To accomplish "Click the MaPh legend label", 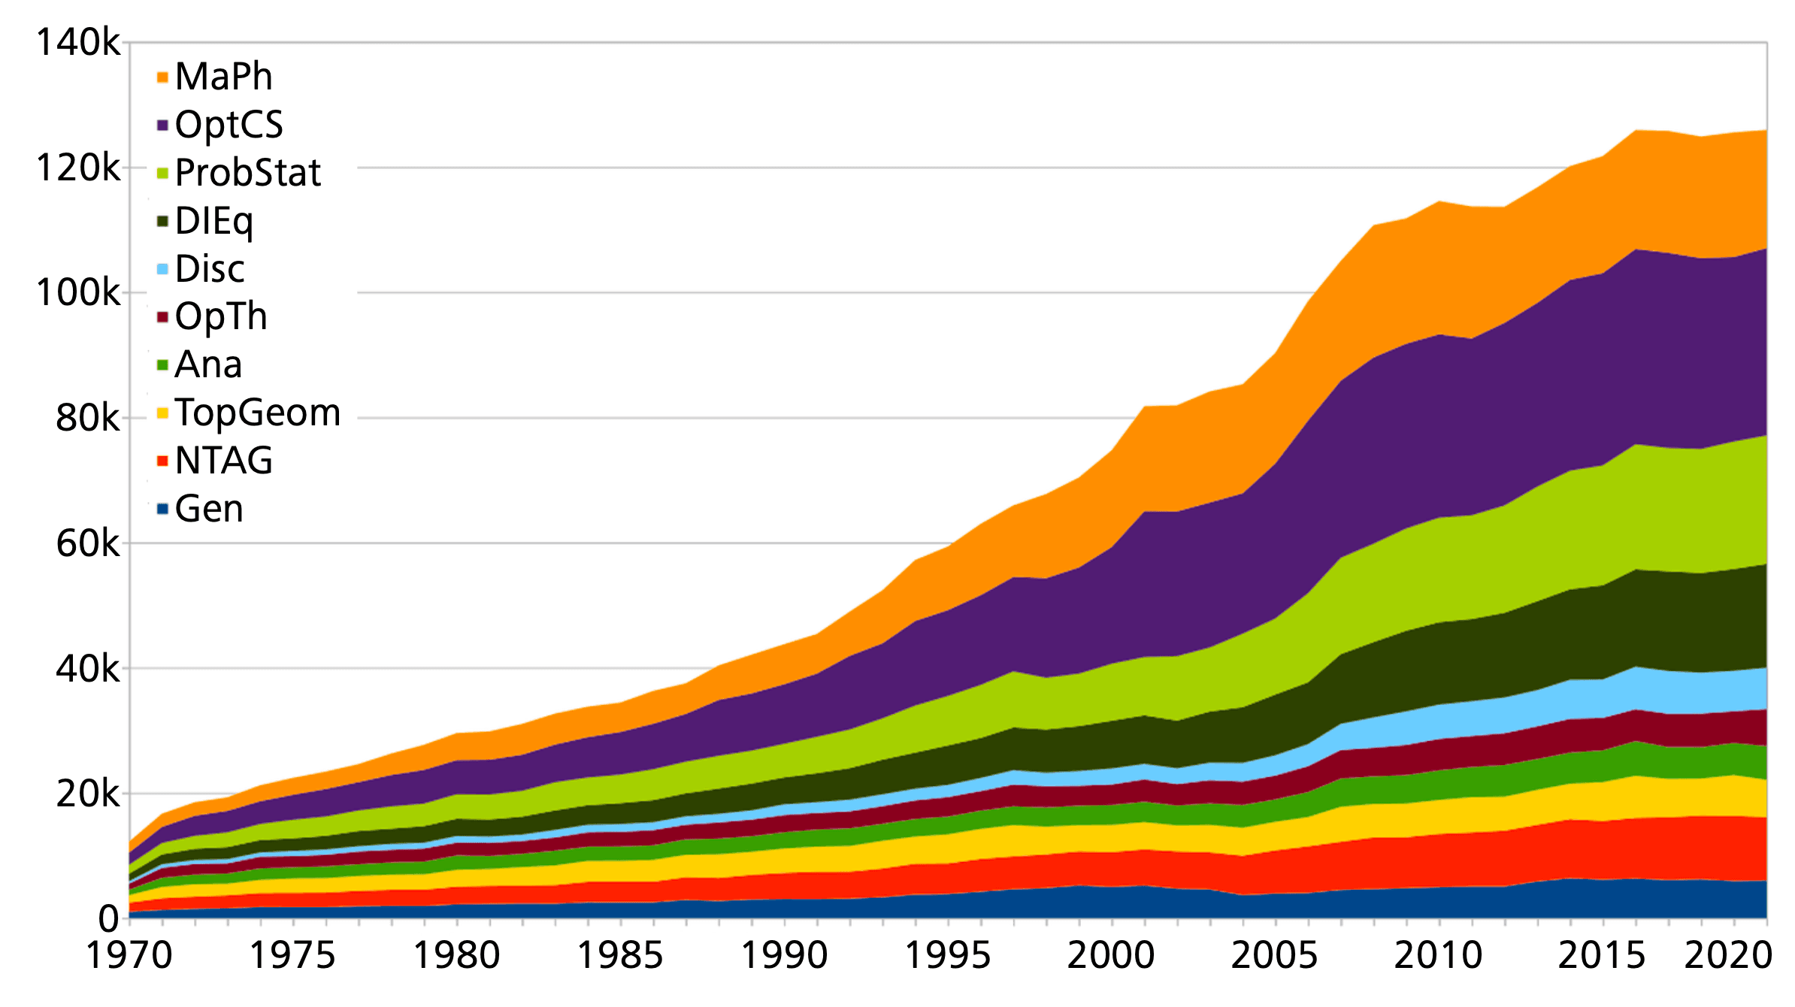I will [223, 77].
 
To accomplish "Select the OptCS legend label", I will [229, 125].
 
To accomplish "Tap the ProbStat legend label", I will [247, 173].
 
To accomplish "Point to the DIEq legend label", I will [213, 221].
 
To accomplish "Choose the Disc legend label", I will [210, 269].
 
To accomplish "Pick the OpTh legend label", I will [221, 316].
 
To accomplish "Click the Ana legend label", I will [208, 364].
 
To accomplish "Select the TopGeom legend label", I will [258, 413].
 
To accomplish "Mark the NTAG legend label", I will [223, 461].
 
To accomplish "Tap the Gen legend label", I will [209, 509].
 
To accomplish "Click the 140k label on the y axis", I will [77, 43].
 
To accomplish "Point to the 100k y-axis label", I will [77, 292].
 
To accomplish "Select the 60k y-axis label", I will [87, 543].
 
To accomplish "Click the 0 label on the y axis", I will [109, 918].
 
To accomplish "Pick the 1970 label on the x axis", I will [129, 956].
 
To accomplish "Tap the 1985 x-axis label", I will [620, 956].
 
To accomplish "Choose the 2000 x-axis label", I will [1111, 956].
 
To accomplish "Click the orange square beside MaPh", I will [162, 77].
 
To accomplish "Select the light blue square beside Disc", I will [162, 269].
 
